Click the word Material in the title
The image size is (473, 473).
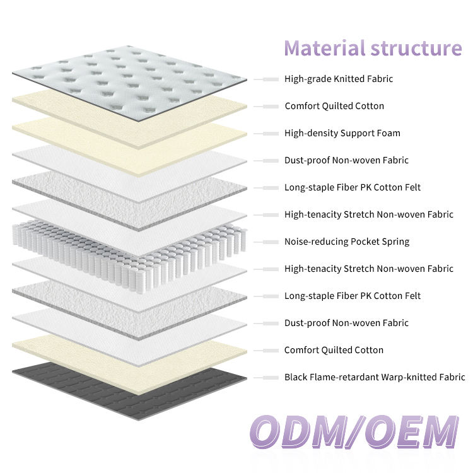[x=325, y=49]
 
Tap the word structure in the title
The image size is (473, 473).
[x=416, y=49]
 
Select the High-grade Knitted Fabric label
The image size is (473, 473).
[x=339, y=79]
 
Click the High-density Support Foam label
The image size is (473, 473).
[x=342, y=133]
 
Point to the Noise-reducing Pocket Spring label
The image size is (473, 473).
[x=347, y=242]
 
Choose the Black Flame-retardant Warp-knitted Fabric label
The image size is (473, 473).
[x=375, y=377]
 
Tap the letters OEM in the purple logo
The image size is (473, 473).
[x=412, y=432]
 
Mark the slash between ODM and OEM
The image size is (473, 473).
[x=356, y=432]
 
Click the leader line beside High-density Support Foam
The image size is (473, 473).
[x=266, y=134]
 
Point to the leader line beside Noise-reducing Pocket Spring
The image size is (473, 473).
[x=266, y=242]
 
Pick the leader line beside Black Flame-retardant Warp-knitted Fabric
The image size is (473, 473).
[x=266, y=377]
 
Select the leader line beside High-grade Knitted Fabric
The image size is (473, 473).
[x=266, y=79]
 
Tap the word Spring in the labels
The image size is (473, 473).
[x=395, y=242]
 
